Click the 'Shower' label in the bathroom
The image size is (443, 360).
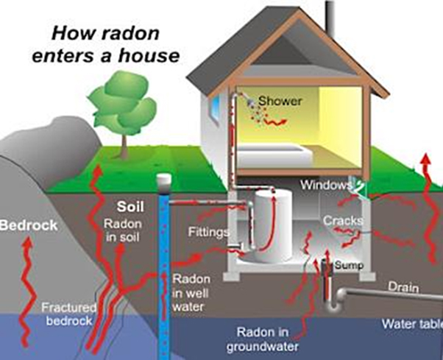coord(280,101)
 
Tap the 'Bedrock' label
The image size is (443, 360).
coord(29,225)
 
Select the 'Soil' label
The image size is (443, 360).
coord(130,207)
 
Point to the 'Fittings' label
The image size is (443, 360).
coord(209,232)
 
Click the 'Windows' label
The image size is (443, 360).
coord(326,185)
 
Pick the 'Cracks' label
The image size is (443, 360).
coord(343,221)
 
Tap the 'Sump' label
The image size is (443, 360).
coord(349,265)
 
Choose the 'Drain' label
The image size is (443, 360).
coord(403,286)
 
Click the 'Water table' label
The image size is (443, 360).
coord(412,324)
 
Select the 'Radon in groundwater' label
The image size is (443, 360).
coord(263,339)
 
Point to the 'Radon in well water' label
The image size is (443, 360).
coord(191,293)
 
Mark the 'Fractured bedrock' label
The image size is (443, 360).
coord(69,314)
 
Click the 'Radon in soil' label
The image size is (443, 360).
coord(123,230)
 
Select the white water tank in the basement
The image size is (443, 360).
coord(272,225)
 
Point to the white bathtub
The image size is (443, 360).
coord(274,156)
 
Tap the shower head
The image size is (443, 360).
coord(250,102)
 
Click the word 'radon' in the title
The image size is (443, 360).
coord(130,33)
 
